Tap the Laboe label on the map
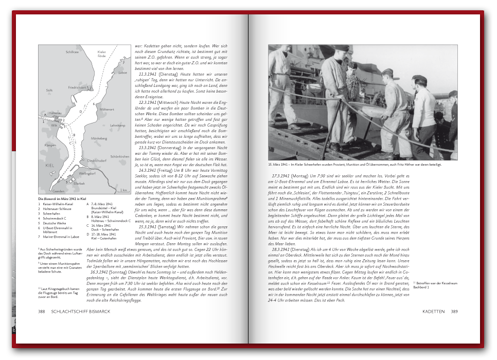(122, 73)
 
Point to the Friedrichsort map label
(78, 87)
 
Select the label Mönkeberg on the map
(99, 138)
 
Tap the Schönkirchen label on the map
(118, 156)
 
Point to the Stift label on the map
(49, 90)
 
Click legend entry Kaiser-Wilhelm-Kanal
(58, 204)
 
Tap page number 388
(42, 311)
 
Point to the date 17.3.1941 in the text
(282, 176)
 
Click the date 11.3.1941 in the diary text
(149, 75)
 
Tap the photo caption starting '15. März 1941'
(355, 165)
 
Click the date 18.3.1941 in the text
(282, 249)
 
